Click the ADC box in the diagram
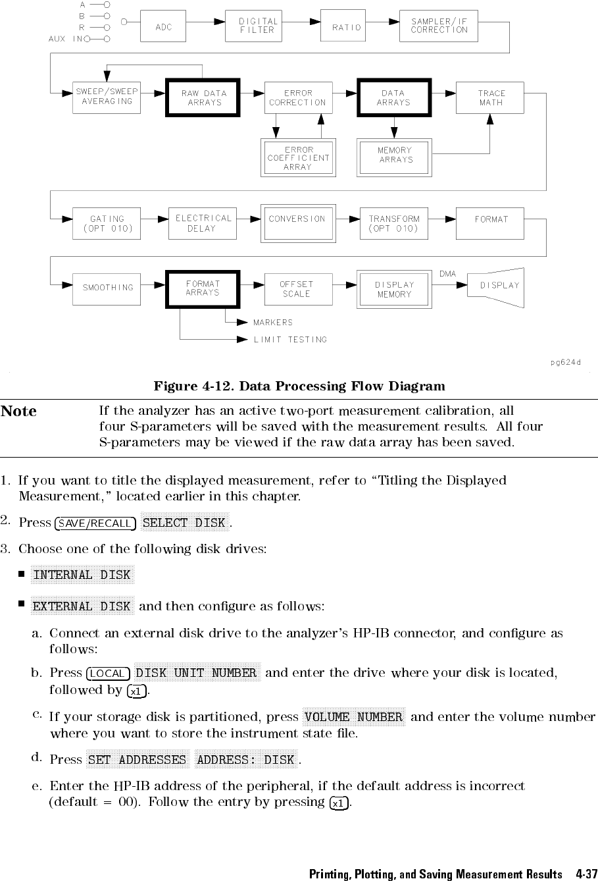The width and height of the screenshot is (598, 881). coord(164,27)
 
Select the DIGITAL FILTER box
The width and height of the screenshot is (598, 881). coord(259,26)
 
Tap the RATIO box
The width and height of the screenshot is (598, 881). coord(347,27)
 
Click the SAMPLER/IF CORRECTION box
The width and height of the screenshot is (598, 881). coord(439,26)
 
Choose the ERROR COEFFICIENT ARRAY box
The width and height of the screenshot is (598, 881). coord(298,158)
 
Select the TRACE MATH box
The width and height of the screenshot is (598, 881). coord(491,98)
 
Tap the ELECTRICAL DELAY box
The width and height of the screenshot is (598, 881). coord(203,223)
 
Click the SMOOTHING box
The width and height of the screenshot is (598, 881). coord(107,288)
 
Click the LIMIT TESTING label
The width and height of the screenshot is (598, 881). coord(290,340)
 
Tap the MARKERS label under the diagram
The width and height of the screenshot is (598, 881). coord(273,323)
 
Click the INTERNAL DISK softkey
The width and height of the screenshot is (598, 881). coord(82,575)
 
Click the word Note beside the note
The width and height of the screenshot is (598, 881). coord(19,412)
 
